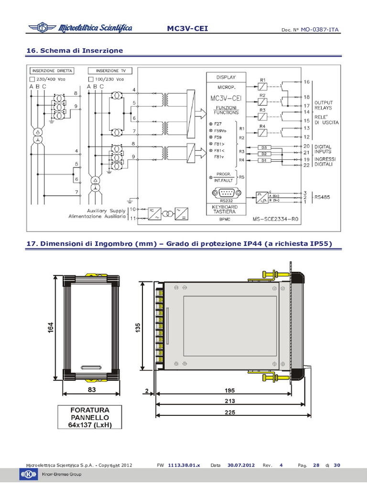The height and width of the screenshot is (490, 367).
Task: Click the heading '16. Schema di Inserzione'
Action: [x=75, y=50]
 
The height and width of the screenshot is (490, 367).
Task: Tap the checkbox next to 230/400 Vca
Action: [x=32, y=79]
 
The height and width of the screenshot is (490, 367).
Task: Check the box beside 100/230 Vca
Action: [x=91, y=79]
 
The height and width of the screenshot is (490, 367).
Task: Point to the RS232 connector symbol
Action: [x=227, y=193]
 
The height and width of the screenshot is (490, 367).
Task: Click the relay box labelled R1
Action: [x=263, y=86]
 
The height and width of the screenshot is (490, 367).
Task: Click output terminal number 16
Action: [x=307, y=82]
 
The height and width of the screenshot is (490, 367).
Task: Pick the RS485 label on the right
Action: [x=323, y=196]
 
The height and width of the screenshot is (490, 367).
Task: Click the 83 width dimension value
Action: [x=92, y=390]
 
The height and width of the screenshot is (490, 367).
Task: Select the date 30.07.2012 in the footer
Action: [x=241, y=465]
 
